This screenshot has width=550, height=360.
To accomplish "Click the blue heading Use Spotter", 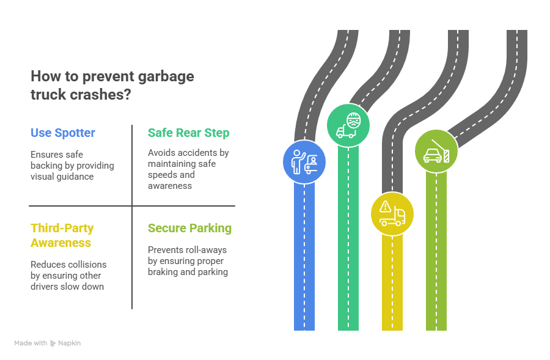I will [x=62, y=133].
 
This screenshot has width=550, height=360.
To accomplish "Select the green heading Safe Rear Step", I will [x=188, y=133].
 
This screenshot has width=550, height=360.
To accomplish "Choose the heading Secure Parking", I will [x=189, y=228].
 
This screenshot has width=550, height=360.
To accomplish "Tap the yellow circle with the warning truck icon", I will [x=392, y=213].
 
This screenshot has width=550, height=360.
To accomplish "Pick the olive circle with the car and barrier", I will [x=436, y=150].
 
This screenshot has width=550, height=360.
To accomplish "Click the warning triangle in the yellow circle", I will [x=385, y=207].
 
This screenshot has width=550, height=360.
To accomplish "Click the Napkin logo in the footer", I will [x=53, y=343].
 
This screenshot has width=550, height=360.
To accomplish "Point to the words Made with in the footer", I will [x=31, y=343].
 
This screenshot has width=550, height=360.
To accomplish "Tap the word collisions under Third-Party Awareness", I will [x=85, y=265].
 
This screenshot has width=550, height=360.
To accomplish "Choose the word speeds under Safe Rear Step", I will [x=161, y=175].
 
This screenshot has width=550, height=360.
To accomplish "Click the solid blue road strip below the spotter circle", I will [x=304, y=257].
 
